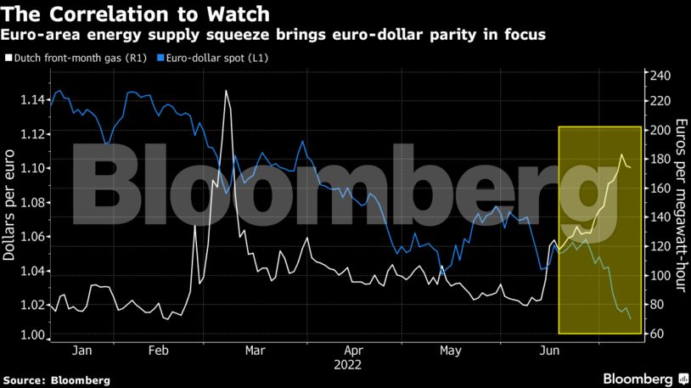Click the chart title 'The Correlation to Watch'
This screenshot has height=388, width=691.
pyautogui.click(x=137, y=14)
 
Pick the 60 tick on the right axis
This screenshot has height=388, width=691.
pyautogui.click(x=656, y=334)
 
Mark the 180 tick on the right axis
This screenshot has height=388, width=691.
pyautogui.click(x=660, y=159)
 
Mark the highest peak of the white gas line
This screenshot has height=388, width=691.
pyautogui.click(x=226, y=91)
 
